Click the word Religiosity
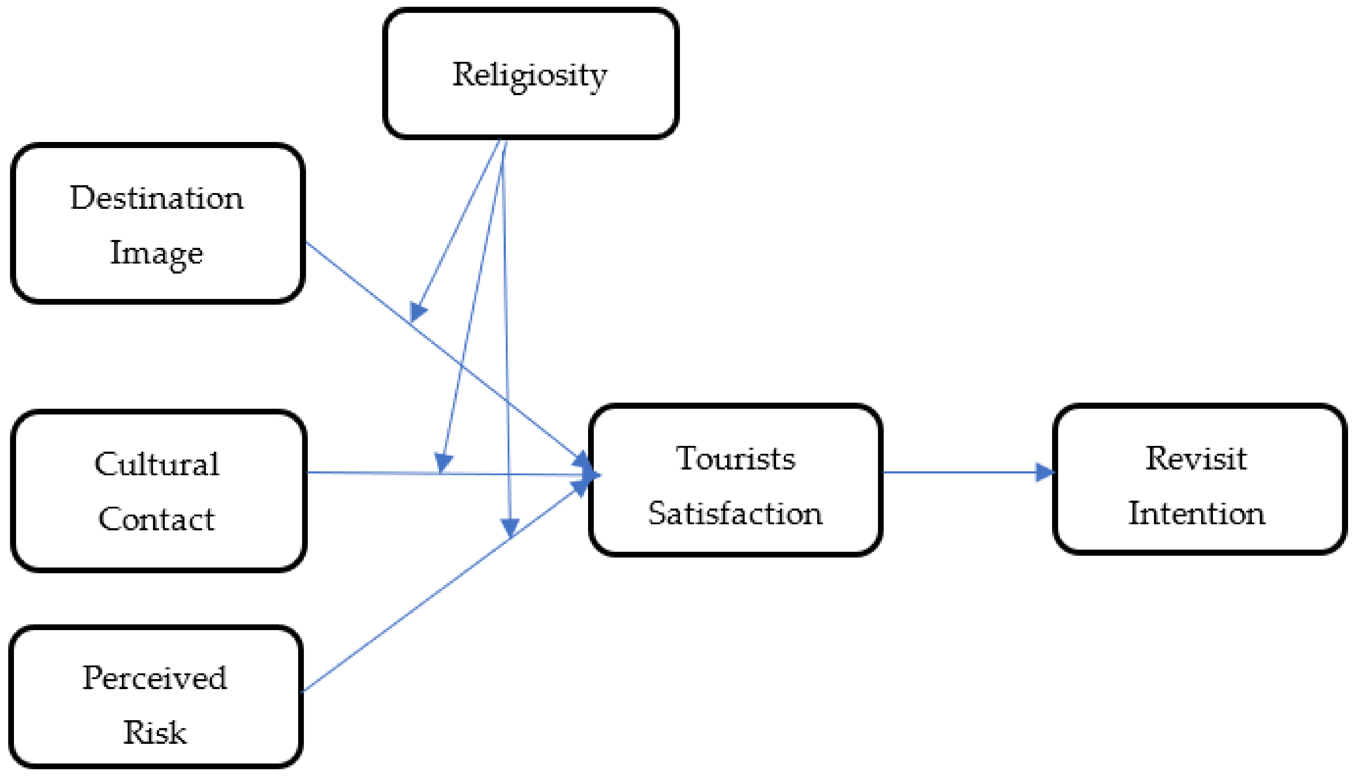(529, 75)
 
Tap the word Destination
(156, 198)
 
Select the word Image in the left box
(156, 254)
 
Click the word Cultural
(156, 464)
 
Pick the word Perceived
(154, 678)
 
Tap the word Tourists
(735, 459)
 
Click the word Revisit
(1196, 459)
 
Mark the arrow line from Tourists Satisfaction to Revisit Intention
(959, 472)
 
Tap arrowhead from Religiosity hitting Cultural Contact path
(443, 462)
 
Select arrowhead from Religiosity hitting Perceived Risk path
(510, 527)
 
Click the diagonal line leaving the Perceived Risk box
(405, 618)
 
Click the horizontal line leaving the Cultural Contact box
(373, 473)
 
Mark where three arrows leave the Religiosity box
(502, 143)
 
